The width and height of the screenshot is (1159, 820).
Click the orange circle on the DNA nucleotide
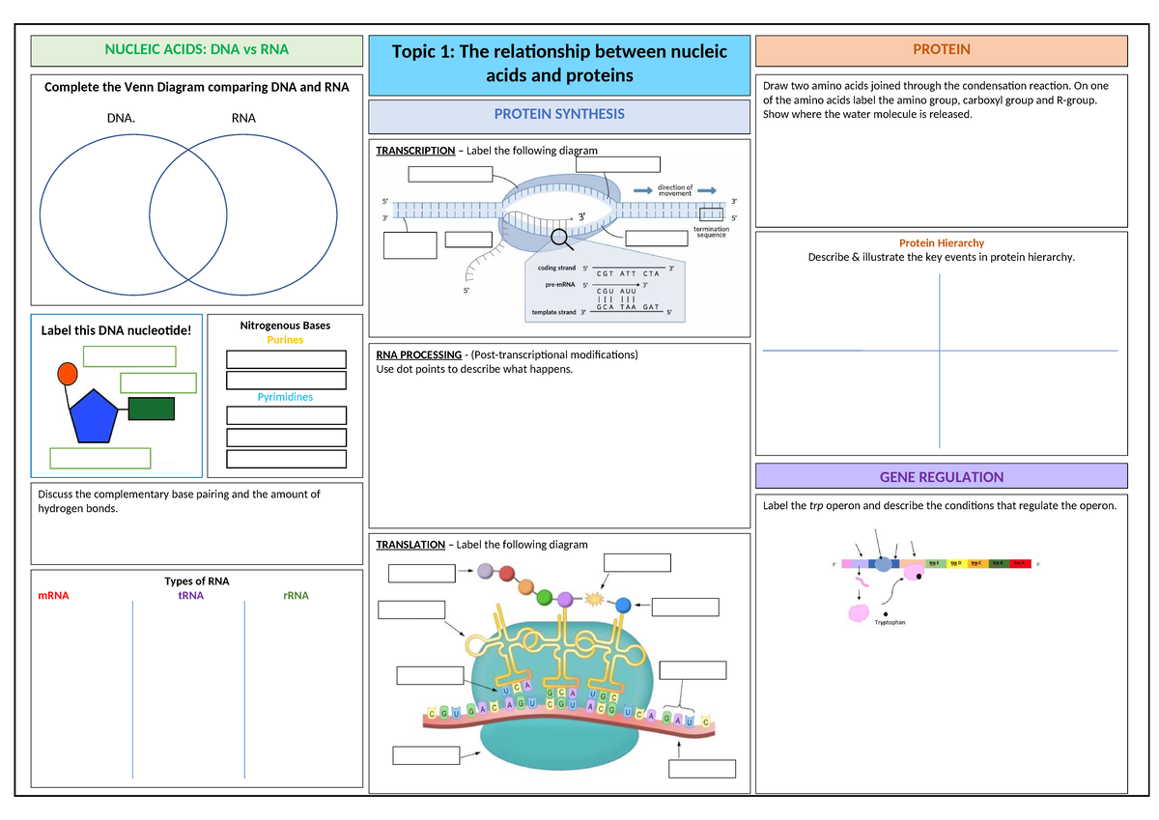[x=68, y=373]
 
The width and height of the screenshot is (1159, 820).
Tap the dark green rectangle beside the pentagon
[x=152, y=409]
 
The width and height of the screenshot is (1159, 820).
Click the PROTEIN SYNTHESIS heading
[x=559, y=114]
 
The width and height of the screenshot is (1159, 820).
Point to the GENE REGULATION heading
[x=942, y=477]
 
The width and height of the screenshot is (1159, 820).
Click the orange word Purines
[x=285, y=340]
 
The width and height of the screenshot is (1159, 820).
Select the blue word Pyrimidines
[x=285, y=397]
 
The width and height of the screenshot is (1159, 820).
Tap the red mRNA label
[x=53, y=596]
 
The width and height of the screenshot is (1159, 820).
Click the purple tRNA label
[x=190, y=596]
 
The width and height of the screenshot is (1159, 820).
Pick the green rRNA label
[x=296, y=596]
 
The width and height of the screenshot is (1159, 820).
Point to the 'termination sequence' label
[x=711, y=232]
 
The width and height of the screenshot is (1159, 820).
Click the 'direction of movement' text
[x=675, y=190]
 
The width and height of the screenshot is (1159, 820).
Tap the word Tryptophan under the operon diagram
[x=890, y=623]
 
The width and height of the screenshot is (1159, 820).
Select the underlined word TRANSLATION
[x=410, y=545]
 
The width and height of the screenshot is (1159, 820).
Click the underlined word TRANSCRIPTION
[x=415, y=151]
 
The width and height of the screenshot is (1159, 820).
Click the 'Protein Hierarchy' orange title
[x=942, y=243]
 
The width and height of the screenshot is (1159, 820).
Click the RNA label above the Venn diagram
[x=243, y=119]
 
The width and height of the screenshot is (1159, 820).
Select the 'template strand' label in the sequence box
[x=552, y=312]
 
